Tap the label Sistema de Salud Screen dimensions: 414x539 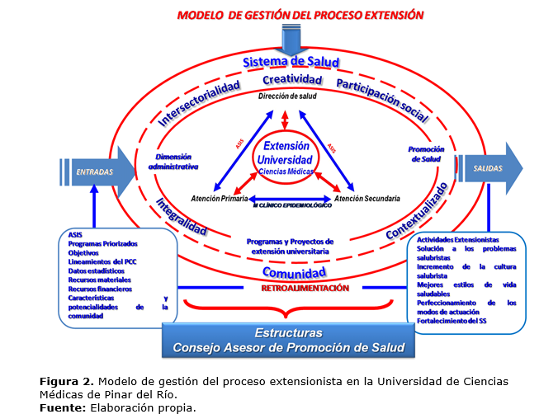(x=285, y=63)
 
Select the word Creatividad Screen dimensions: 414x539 (x=291, y=80)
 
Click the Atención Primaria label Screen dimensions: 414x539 (x=219, y=199)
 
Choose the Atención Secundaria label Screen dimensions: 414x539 (x=367, y=199)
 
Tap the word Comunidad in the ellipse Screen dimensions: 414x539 (x=293, y=272)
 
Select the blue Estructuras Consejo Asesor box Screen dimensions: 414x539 (x=288, y=341)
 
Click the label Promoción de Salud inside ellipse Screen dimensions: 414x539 (x=426, y=153)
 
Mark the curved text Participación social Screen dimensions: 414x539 (x=381, y=101)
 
